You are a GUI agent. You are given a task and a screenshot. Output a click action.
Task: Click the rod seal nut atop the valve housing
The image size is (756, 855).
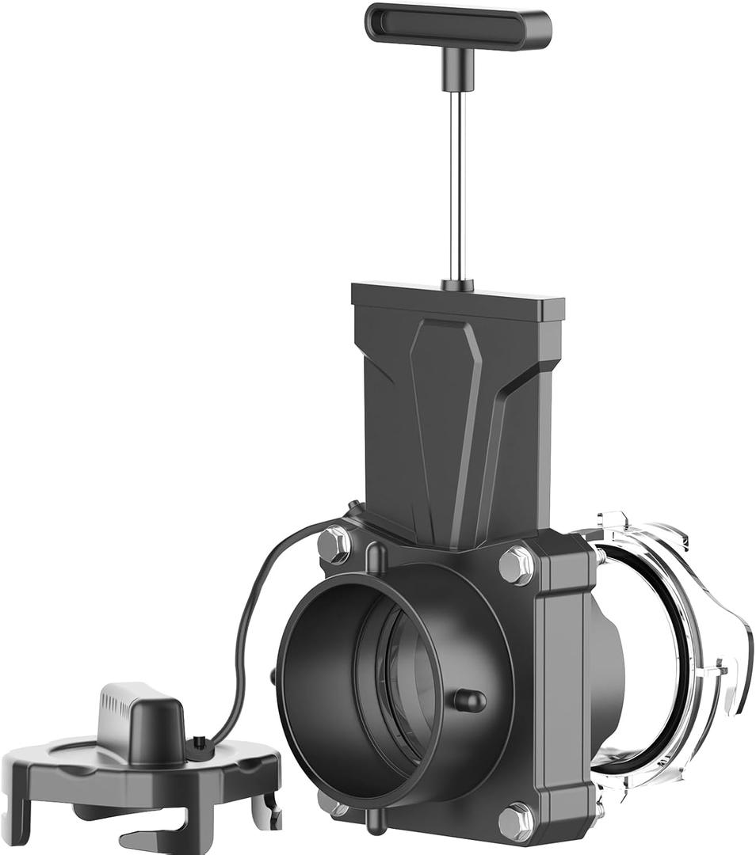pos(458,284)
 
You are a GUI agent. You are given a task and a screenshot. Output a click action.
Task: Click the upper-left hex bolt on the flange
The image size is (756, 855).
pos(334,545)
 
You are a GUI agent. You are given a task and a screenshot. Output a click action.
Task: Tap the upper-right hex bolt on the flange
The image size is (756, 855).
pos(516,565)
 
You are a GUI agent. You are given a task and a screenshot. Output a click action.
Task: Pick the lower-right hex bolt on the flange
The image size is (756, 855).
pos(516,821)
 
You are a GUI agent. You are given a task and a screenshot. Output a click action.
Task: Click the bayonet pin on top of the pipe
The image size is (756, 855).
pos(378,557)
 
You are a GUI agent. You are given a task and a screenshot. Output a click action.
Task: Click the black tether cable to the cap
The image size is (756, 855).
pos(254,617)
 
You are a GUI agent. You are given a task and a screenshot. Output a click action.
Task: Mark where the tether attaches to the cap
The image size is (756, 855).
pos(199,743)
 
